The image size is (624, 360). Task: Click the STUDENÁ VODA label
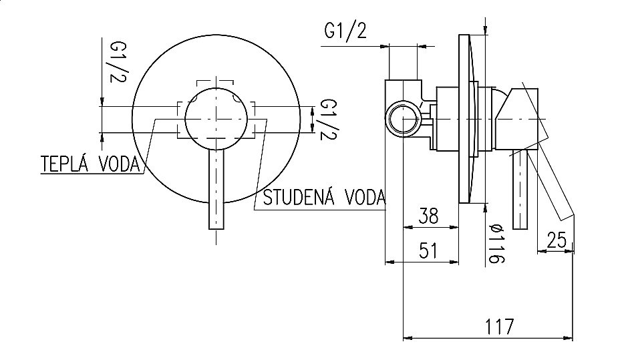[325, 197]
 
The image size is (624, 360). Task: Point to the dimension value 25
[556, 238]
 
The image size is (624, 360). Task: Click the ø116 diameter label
[494, 241]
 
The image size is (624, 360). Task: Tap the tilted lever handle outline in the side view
[557, 187]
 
